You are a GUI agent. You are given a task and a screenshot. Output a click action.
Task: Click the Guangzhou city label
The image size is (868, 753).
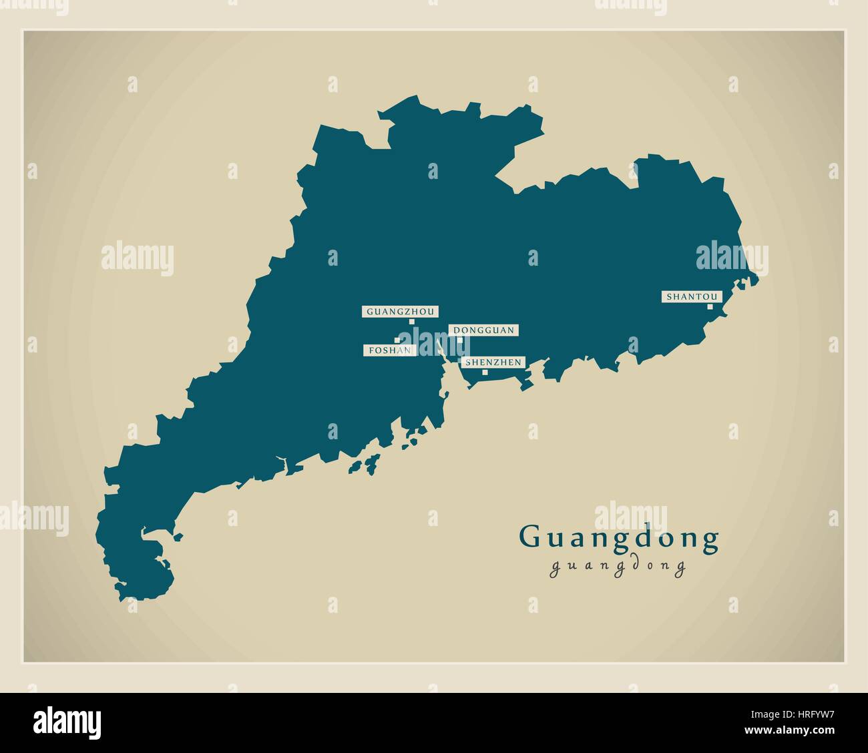(401, 311)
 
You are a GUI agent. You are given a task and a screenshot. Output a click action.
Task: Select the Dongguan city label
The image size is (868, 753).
(483, 330)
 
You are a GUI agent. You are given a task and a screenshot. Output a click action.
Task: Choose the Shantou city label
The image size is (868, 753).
(692, 296)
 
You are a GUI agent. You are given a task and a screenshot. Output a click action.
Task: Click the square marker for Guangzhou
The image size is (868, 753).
(412, 322)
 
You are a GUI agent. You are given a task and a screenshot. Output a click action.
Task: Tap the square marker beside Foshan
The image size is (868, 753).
(397, 340)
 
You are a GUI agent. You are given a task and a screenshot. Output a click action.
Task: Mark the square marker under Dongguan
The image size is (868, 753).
(460, 340)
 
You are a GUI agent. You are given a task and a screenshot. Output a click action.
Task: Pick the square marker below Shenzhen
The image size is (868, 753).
(485, 372)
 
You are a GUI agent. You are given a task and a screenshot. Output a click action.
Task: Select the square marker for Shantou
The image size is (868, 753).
(710, 307)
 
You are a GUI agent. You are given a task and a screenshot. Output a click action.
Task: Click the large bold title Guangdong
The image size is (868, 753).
(619, 539)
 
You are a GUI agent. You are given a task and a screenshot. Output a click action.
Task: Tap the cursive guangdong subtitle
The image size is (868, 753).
(618, 567)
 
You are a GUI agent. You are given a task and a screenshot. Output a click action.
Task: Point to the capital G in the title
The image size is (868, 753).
(531, 537)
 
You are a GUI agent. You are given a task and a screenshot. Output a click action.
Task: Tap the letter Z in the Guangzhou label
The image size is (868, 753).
(412, 311)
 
